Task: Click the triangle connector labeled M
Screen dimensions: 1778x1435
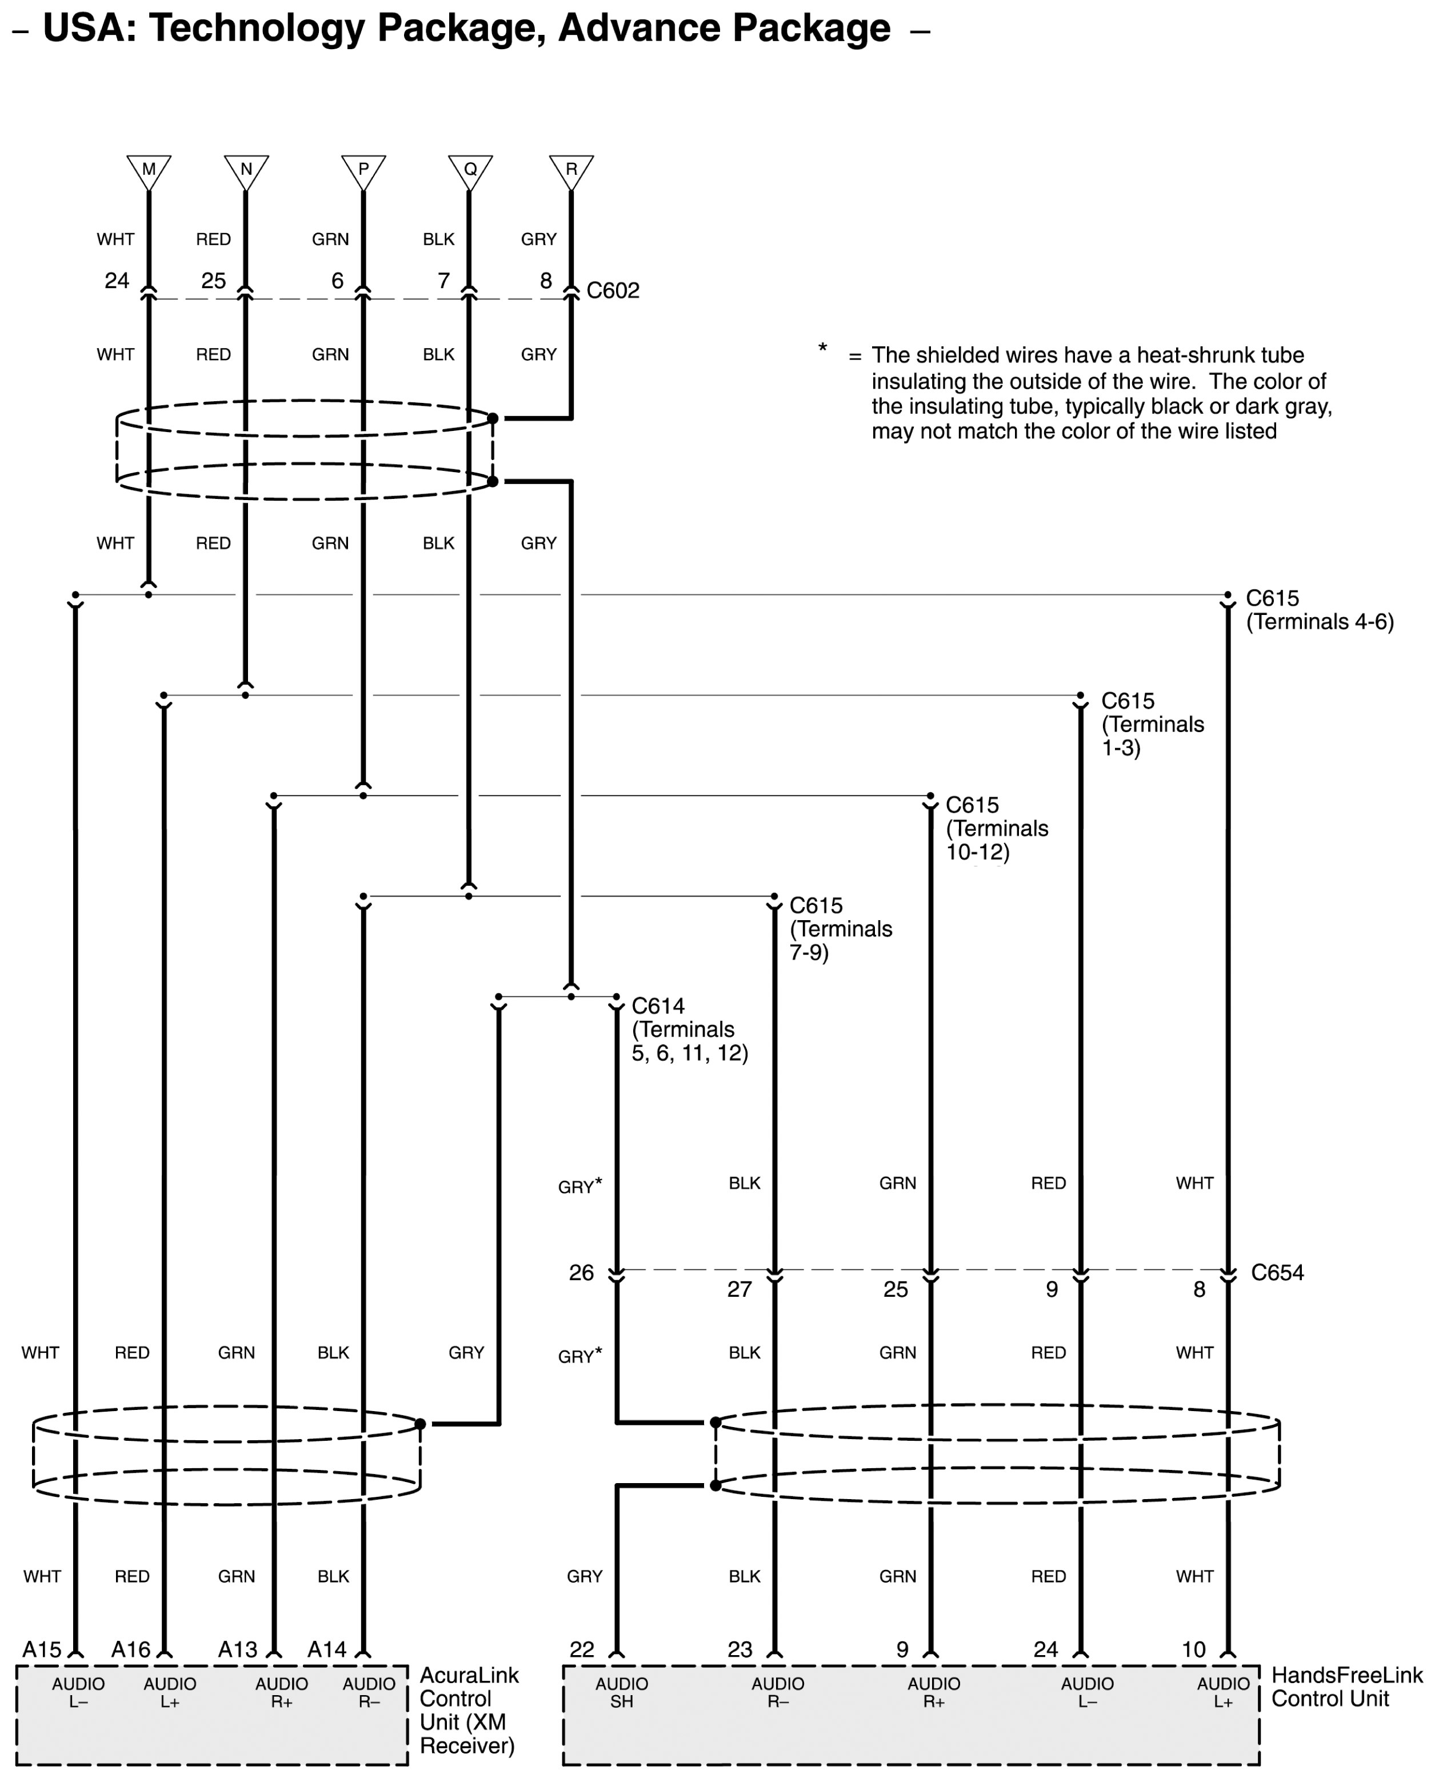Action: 149,170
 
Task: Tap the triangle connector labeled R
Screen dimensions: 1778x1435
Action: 571,170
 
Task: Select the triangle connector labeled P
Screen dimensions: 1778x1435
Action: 363,170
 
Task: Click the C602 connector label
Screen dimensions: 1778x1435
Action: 613,291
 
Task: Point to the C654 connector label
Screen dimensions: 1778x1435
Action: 1277,1273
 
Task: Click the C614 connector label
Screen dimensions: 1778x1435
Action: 658,1006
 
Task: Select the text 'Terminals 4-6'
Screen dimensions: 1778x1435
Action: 1319,622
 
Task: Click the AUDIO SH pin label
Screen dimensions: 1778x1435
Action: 622,1693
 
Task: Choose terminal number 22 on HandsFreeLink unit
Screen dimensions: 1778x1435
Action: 582,1650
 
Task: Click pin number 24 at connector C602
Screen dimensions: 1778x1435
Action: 117,281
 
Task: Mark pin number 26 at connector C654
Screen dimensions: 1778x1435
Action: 581,1273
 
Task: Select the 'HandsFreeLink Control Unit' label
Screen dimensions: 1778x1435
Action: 1346,1687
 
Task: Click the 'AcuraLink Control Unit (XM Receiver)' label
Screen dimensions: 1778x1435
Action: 469,1710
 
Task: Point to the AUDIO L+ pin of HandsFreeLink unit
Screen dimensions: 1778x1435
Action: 1224,1693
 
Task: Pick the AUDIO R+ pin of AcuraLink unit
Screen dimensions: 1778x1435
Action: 282,1693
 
